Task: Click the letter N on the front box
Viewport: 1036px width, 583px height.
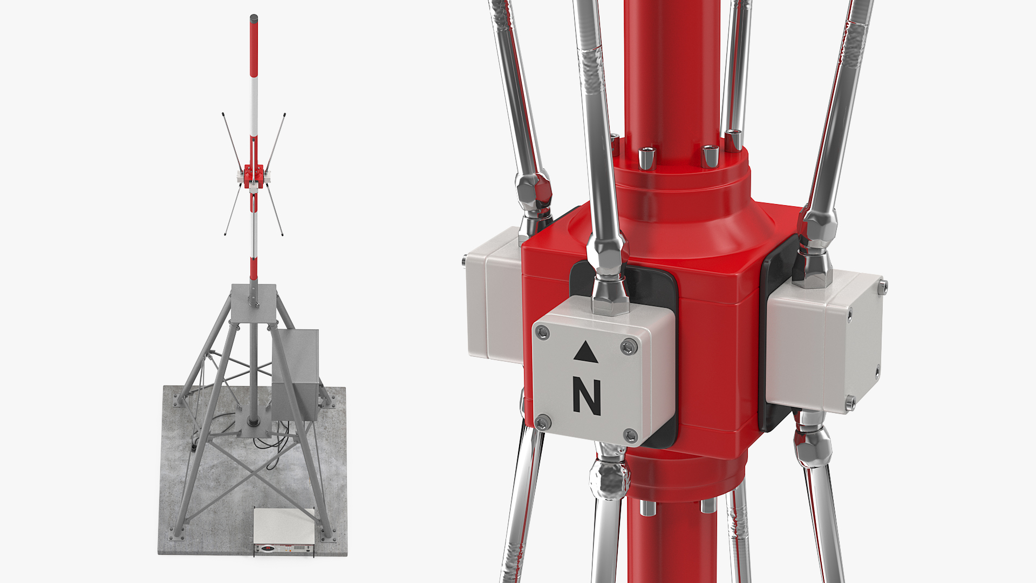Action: (x=587, y=397)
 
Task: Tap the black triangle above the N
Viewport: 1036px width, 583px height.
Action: (x=586, y=352)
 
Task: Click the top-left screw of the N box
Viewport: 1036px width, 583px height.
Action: (x=543, y=333)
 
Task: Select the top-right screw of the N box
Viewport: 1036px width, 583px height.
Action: (x=628, y=347)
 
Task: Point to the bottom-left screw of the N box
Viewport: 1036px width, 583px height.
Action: (x=543, y=422)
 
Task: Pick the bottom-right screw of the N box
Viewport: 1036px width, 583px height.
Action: (x=630, y=435)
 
